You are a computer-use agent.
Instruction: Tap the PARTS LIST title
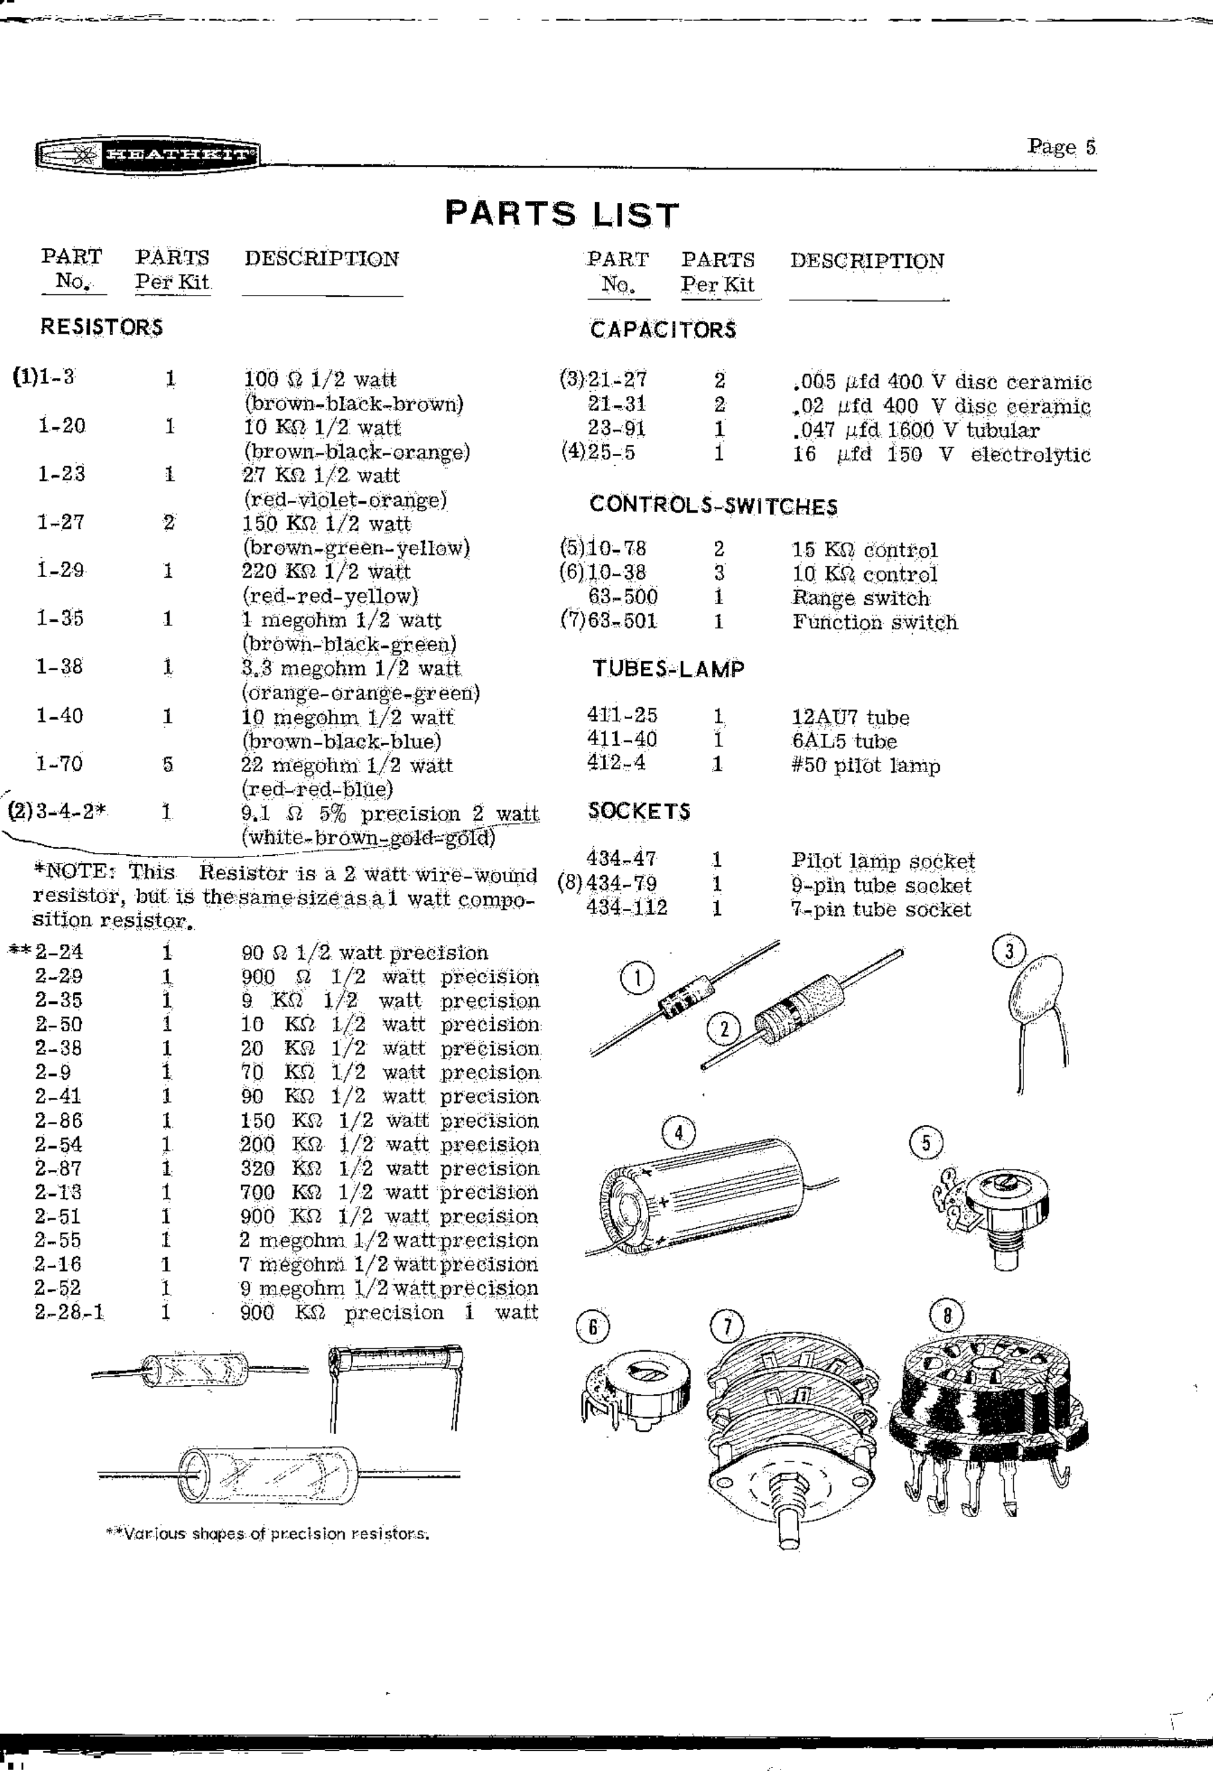tap(561, 214)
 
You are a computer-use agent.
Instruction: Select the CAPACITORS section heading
tap(663, 330)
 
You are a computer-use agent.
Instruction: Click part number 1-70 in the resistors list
tap(60, 763)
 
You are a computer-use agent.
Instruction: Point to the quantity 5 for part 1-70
tap(168, 764)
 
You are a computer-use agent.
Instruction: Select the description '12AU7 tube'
tap(850, 717)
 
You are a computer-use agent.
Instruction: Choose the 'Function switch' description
tap(874, 622)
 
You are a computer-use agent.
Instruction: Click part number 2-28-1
tap(69, 1312)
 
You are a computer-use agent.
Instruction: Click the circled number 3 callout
tap(1009, 951)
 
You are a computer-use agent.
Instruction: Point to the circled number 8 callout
tap(946, 1315)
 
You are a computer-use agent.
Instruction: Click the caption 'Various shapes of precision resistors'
tap(268, 1533)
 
